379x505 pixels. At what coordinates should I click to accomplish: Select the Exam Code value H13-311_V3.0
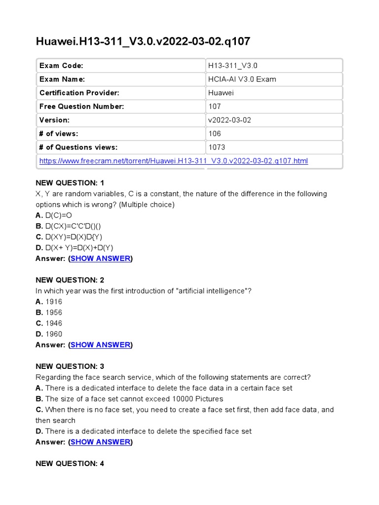click(233, 66)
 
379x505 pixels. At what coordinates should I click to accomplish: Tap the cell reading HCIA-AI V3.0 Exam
click(242, 79)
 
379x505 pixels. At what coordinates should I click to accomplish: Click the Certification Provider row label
click(79, 93)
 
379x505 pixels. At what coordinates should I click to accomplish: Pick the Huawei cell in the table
click(221, 93)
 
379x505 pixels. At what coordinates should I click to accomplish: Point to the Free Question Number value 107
click(215, 107)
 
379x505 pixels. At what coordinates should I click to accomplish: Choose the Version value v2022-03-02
click(229, 120)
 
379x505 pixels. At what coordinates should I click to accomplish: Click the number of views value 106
click(215, 134)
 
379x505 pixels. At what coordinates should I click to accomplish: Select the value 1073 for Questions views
click(217, 147)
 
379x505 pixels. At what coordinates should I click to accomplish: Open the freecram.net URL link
click(173, 161)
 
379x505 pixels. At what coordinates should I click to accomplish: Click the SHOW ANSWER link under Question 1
click(101, 258)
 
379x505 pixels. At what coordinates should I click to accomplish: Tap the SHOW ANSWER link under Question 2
click(101, 345)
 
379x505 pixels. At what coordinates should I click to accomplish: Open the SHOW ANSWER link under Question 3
click(101, 442)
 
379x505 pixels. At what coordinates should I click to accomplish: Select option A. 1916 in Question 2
click(49, 301)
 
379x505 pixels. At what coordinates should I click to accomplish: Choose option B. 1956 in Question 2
click(49, 312)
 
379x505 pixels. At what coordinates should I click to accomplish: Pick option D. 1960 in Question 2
click(49, 334)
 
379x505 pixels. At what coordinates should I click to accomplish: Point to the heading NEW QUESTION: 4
click(70, 464)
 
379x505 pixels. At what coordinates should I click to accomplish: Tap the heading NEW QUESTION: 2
click(70, 280)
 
